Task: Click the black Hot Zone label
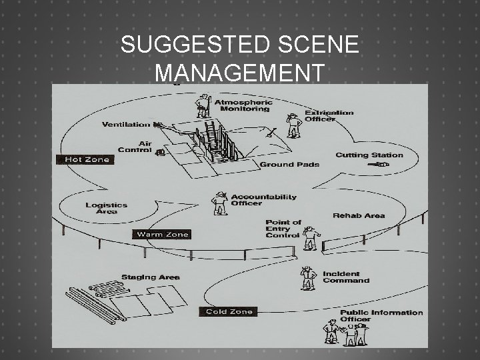pyautogui.click(x=85, y=160)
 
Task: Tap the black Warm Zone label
pyautogui.click(x=163, y=235)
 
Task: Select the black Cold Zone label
pyautogui.click(x=229, y=312)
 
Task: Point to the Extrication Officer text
pyautogui.click(x=329, y=116)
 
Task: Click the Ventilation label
pyautogui.click(x=127, y=125)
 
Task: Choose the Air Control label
pyautogui.click(x=135, y=147)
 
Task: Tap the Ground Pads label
pyautogui.click(x=289, y=165)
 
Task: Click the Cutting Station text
pyautogui.click(x=369, y=155)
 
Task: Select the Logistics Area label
pyautogui.click(x=106, y=209)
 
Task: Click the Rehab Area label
pyautogui.click(x=359, y=215)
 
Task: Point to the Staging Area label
pyautogui.click(x=150, y=277)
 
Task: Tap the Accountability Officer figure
pyautogui.click(x=219, y=203)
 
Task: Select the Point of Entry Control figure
pyautogui.click(x=311, y=238)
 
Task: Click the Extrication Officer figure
pyautogui.click(x=293, y=125)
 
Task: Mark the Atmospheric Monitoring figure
pyautogui.click(x=203, y=106)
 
